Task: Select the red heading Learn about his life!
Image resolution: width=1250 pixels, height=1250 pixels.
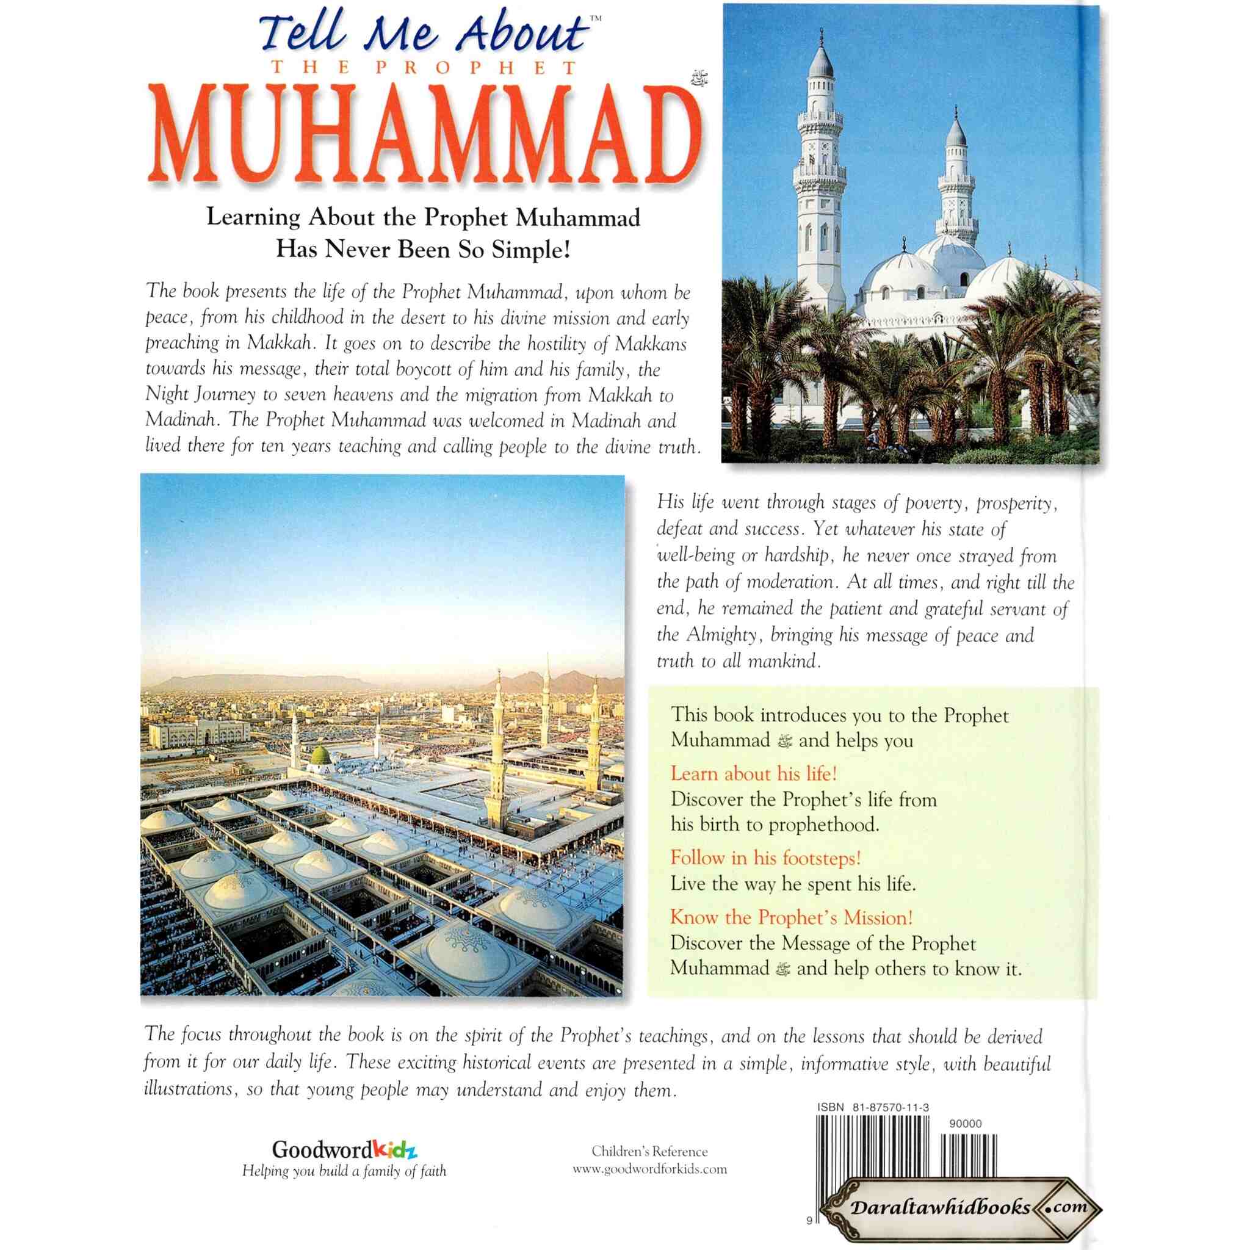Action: tap(754, 774)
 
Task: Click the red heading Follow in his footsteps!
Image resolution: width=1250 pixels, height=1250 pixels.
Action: tap(765, 858)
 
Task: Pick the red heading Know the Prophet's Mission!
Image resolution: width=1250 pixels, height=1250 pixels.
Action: tap(791, 917)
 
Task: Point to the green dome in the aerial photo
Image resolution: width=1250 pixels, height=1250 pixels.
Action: tap(321, 756)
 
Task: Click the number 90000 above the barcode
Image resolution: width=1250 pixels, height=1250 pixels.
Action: tap(966, 1124)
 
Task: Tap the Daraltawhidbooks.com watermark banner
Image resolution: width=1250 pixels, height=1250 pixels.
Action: tap(959, 1207)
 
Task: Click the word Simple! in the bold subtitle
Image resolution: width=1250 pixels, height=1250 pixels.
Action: tap(530, 250)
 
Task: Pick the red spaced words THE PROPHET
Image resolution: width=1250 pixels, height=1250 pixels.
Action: tap(424, 68)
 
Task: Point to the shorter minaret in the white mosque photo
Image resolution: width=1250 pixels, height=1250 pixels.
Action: tap(956, 175)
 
